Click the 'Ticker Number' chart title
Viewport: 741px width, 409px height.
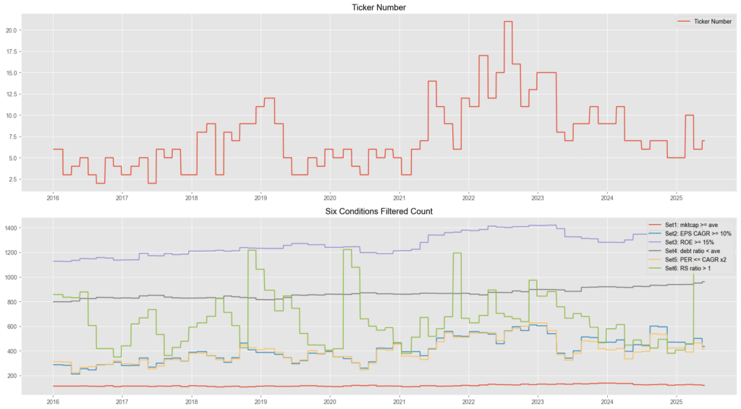[370, 7]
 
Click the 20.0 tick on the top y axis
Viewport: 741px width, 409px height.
[14, 30]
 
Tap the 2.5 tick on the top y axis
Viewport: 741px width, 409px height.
[16, 179]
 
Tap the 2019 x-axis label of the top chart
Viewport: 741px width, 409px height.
[261, 197]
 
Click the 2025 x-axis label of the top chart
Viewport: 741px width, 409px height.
[676, 197]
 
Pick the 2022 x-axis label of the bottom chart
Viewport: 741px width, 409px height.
[468, 400]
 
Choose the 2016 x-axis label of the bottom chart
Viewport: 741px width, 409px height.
[53, 400]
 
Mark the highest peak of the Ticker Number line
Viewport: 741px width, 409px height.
[508, 22]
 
